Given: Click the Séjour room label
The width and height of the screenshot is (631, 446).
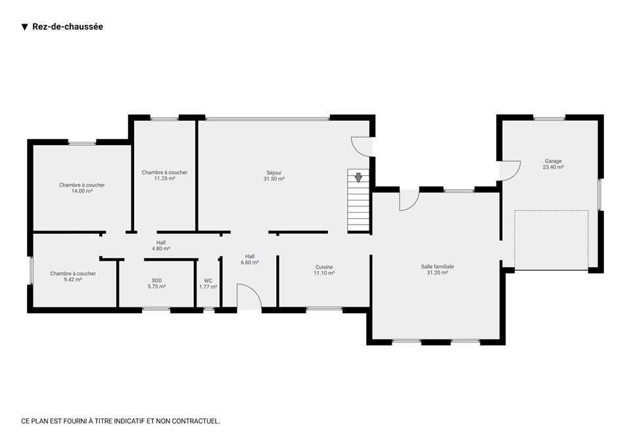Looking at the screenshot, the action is click(274, 173).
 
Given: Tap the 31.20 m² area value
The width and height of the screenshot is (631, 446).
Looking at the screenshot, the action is click(438, 273).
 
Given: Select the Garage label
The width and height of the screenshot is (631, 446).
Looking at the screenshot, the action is click(553, 161).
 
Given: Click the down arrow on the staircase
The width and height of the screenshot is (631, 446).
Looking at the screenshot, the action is click(358, 177).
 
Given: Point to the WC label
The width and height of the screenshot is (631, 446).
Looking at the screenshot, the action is click(208, 280).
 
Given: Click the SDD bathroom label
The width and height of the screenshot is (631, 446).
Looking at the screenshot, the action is click(157, 280).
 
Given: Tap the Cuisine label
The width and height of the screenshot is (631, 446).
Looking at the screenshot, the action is click(324, 267).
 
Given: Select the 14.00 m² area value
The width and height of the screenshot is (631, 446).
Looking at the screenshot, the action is click(82, 191).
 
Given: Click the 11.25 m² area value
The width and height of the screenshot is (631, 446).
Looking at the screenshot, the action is click(164, 179).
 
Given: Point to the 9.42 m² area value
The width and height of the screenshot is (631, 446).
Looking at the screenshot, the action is click(73, 280).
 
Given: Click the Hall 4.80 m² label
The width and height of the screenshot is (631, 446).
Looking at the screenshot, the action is click(161, 246).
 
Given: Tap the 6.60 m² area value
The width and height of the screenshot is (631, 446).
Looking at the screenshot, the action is click(250, 263).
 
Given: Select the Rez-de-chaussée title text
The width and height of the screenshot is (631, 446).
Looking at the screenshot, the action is click(68, 26).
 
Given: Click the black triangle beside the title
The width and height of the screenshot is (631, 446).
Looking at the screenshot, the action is click(24, 27).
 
